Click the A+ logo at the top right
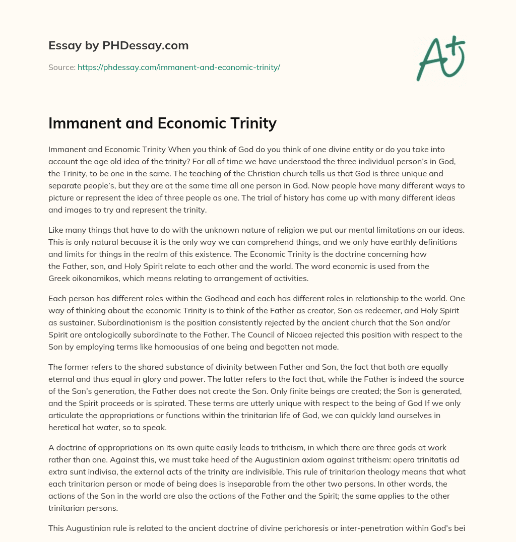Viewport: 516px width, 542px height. point(440,58)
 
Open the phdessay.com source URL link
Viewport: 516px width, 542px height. point(178,67)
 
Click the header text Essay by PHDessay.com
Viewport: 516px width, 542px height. point(118,45)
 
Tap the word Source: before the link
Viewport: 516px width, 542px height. point(61,67)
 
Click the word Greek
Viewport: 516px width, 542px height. point(59,278)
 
